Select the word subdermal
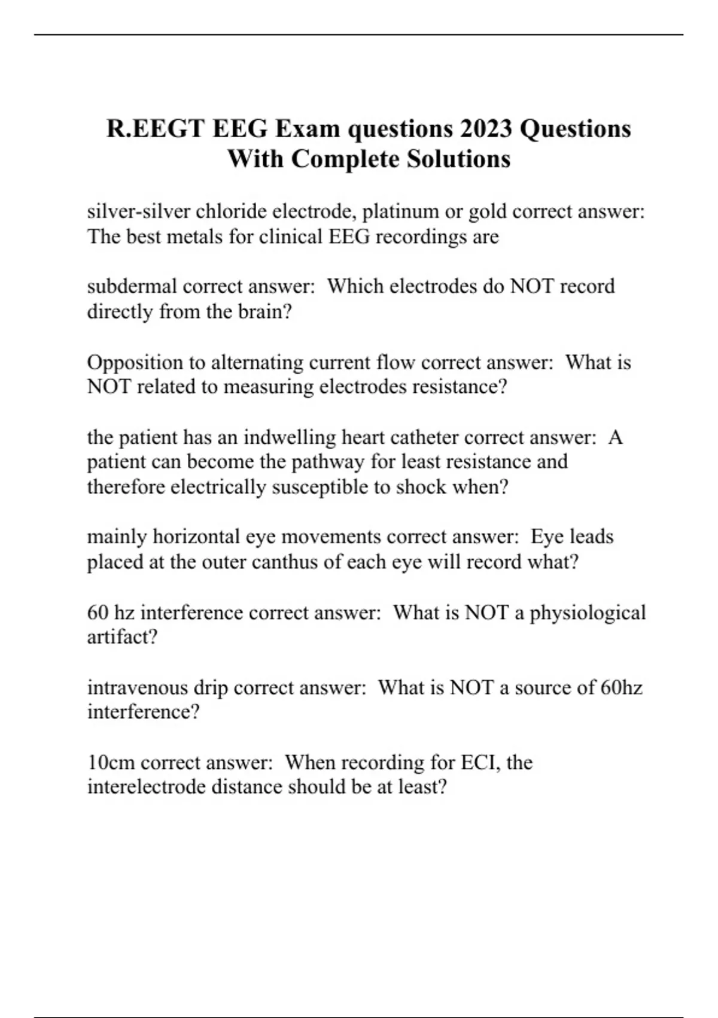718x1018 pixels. pyautogui.click(x=132, y=286)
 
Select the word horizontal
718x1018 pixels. pyautogui.click(x=196, y=537)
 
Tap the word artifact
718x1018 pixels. pyautogui.click(x=121, y=637)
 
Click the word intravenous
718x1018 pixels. pyautogui.click(x=137, y=687)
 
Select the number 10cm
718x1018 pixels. pyautogui.click(x=111, y=762)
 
